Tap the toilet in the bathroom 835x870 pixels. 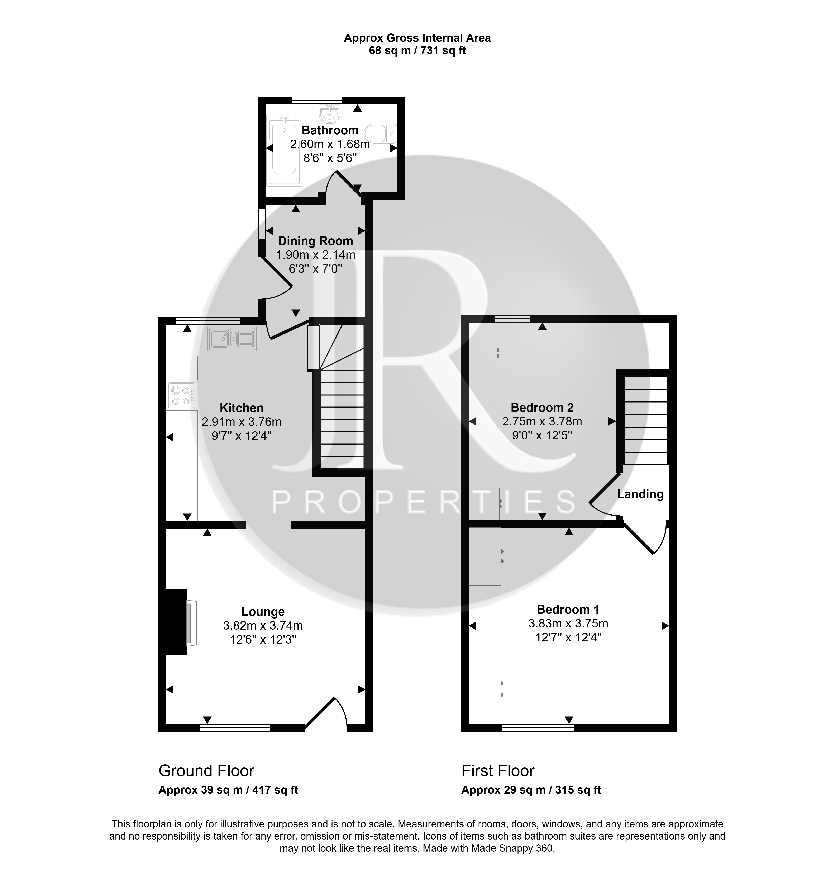[381, 133]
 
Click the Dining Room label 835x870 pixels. [315, 241]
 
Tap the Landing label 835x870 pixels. [640, 494]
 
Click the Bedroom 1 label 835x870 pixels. [568, 610]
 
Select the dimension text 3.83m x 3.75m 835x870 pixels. [568, 624]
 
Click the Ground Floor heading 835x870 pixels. [206, 771]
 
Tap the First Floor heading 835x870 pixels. [498, 771]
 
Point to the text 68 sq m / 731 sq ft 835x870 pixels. [417, 51]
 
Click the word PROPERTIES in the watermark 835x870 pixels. [424, 502]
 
